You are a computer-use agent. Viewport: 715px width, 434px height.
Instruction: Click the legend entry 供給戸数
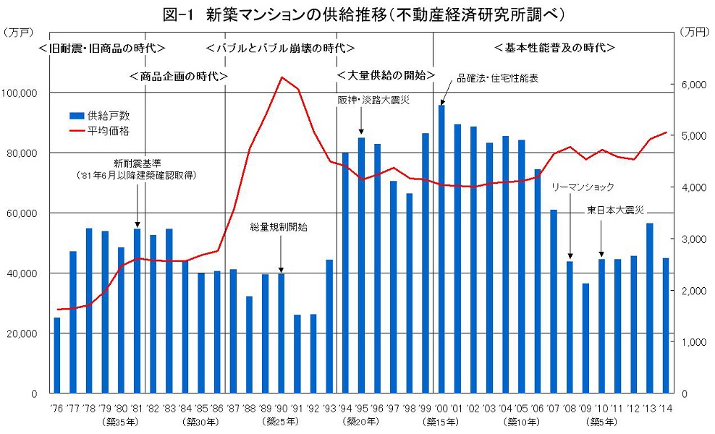tap(109, 115)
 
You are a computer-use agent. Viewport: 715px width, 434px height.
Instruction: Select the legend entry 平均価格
tap(109, 131)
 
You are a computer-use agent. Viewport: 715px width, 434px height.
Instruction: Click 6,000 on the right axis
tap(693, 85)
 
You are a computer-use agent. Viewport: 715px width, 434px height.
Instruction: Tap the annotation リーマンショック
tap(583, 187)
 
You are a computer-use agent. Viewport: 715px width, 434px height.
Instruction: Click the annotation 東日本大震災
tap(615, 210)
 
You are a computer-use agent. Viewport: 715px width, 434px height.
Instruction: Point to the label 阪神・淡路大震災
tap(373, 100)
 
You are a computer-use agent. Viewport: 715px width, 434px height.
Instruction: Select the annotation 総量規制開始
tap(279, 227)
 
